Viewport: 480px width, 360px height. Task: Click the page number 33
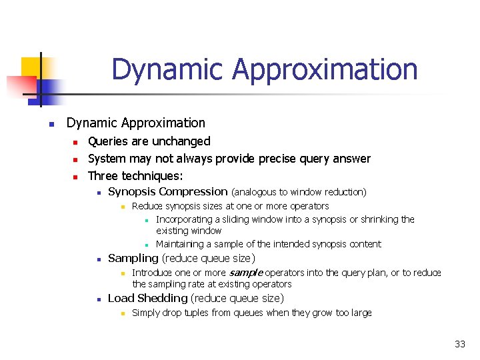point(460,344)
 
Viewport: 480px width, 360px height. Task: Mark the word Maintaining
point(183,244)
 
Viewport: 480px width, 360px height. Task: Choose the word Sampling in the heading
point(133,258)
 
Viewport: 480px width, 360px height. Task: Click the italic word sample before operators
point(246,273)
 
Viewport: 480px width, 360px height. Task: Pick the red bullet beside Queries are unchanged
point(75,142)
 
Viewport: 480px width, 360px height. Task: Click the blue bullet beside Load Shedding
point(97,299)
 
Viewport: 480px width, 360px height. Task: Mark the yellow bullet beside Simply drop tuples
point(122,313)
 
